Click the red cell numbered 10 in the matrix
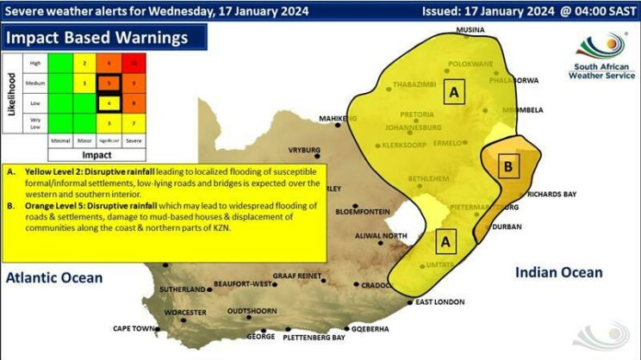point(134,63)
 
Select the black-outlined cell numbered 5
point(109,84)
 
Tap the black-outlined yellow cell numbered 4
point(109,103)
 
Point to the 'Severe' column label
point(134,140)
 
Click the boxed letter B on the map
point(508,164)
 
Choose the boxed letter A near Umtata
point(445,239)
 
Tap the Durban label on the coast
point(507,227)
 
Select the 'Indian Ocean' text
point(558,272)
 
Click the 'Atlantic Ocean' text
point(53,277)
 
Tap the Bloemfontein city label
point(362,210)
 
